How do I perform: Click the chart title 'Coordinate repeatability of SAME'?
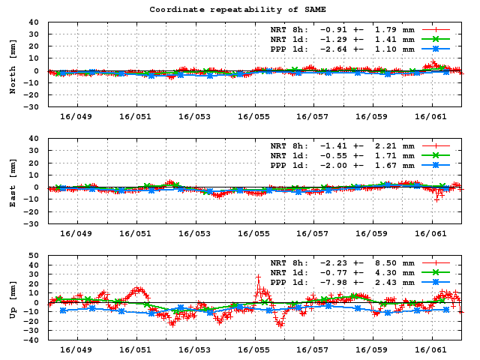coord(240,10)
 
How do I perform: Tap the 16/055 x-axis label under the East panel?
coord(253,233)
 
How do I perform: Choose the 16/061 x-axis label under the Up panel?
coord(430,349)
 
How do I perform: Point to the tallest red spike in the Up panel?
coord(258,276)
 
